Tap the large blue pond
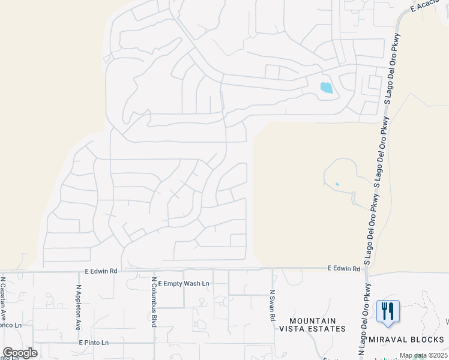click(326, 88)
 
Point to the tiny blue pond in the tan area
click(337, 184)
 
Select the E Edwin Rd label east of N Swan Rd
click(343, 269)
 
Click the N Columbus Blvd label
click(154, 302)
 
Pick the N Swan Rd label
click(272, 304)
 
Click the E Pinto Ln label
click(94, 343)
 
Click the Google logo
click(20, 353)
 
